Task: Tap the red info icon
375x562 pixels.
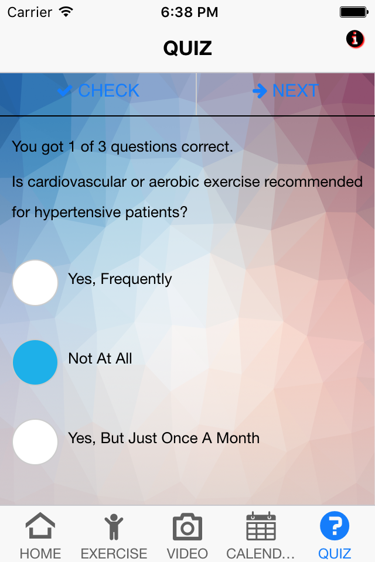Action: click(355, 39)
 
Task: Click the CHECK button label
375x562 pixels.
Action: click(109, 91)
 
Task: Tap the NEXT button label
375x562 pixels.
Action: click(295, 91)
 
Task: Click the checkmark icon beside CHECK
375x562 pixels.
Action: click(65, 91)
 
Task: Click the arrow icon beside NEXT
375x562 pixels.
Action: click(260, 91)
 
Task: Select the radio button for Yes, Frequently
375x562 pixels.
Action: click(35, 283)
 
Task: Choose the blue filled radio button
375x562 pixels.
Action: click(35, 362)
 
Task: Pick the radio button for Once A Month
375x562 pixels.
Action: click(35, 442)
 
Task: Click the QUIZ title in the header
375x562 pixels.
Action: click(187, 48)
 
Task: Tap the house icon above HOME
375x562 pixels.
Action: click(40, 526)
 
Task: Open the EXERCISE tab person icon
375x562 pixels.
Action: click(114, 526)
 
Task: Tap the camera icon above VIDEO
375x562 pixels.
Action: click(187, 526)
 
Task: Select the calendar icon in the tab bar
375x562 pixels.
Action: click(261, 526)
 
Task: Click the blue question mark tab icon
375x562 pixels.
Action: click(335, 526)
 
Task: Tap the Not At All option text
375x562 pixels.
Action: click(100, 358)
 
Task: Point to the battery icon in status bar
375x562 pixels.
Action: click(354, 12)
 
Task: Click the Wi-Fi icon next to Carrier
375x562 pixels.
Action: click(66, 12)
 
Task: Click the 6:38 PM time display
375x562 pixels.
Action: click(189, 12)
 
